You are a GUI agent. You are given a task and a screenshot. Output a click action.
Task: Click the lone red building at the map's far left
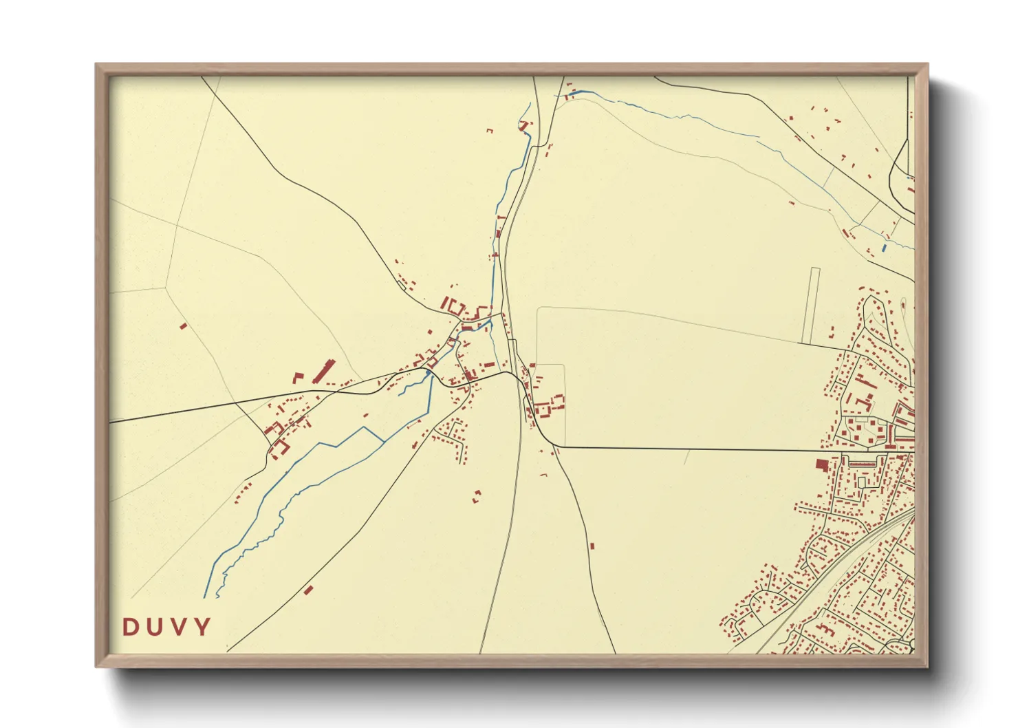(x=183, y=326)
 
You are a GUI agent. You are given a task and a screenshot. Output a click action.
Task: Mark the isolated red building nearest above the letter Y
(x=308, y=590)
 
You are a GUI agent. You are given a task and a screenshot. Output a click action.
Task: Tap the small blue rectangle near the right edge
(x=884, y=247)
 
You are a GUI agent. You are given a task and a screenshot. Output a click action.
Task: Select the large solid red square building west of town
(x=821, y=465)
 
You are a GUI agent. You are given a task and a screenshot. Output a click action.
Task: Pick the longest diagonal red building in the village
(x=321, y=371)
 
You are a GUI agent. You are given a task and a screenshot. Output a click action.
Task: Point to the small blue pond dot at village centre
(x=429, y=372)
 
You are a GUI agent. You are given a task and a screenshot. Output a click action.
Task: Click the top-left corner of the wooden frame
(x=96, y=65)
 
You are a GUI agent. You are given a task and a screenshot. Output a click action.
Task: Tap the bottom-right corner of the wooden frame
(x=927, y=666)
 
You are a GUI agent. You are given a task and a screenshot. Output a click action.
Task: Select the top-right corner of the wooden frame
(x=927, y=65)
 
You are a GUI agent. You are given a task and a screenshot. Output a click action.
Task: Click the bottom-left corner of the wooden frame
(x=96, y=666)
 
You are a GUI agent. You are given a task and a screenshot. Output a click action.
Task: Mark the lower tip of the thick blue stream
(x=205, y=596)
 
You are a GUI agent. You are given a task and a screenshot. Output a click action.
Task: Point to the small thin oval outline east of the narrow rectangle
(x=903, y=303)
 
